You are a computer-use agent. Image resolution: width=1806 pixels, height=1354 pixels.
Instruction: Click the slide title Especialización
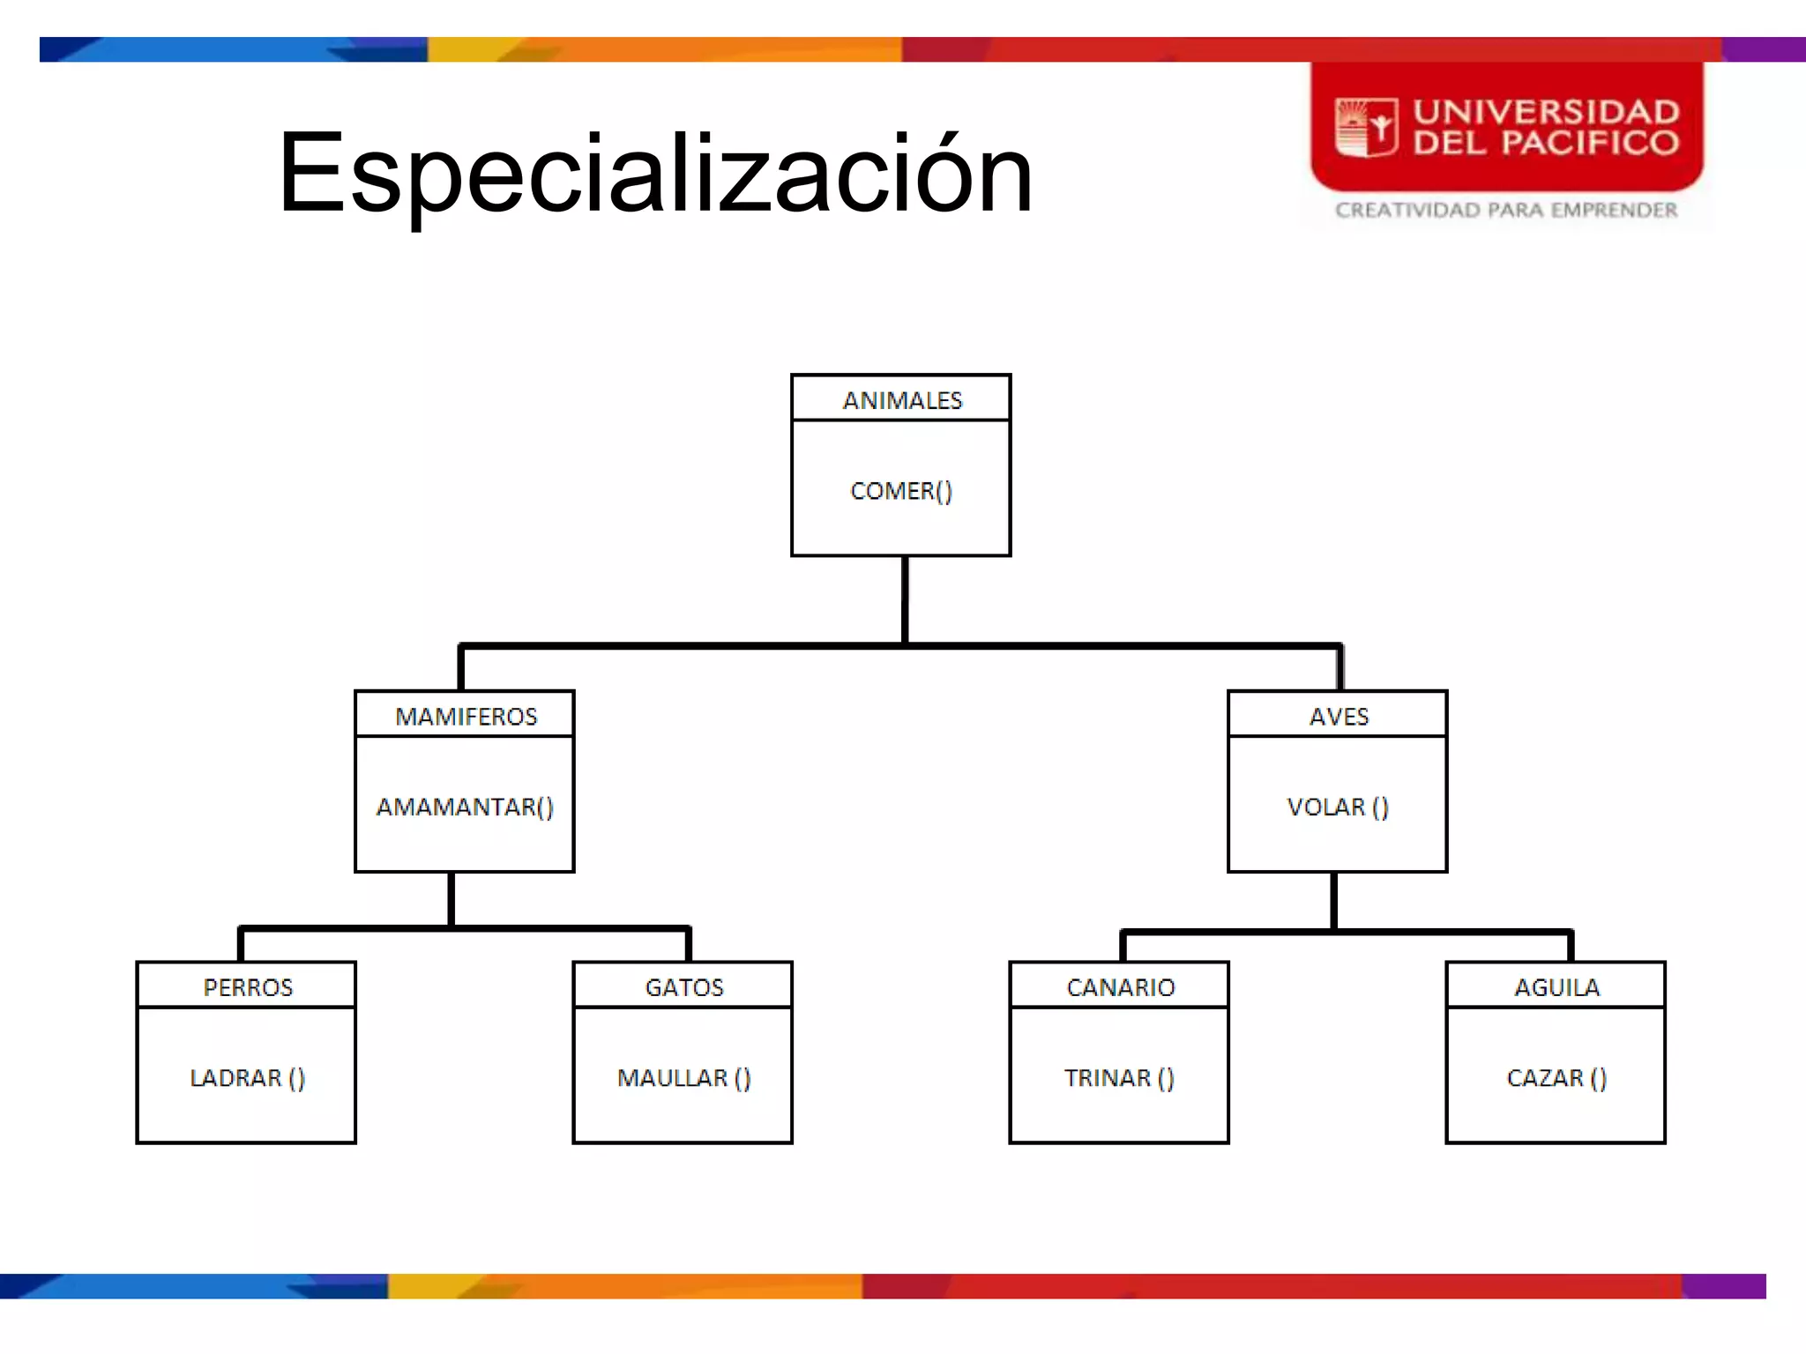(654, 174)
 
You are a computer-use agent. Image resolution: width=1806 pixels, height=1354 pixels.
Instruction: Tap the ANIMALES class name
(902, 401)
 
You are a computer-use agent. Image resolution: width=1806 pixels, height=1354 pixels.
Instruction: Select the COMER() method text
(901, 491)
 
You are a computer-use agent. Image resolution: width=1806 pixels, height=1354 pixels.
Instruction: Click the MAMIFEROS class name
(466, 717)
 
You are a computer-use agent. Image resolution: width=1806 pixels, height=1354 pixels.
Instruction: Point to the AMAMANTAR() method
(465, 807)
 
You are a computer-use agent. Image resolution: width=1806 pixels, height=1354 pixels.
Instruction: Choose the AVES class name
(1339, 717)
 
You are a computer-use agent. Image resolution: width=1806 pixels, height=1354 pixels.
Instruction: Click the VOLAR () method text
(1338, 807)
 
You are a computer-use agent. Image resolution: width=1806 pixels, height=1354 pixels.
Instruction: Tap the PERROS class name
(248, 987)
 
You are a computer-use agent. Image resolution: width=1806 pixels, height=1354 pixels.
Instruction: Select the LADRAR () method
(247, 1078)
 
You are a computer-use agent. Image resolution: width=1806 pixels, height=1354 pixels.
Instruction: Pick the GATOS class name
(684, 987)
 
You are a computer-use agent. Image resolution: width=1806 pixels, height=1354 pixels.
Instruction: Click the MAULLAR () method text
(683, 1078)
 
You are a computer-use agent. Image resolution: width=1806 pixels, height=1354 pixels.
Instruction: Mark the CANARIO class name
(1121, 987)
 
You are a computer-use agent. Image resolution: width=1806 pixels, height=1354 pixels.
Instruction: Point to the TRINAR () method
(1119, 1078)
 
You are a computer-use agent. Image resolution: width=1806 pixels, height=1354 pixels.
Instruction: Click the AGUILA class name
(1557, 987)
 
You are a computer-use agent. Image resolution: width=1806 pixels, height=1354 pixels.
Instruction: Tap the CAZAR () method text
(1556, 1078)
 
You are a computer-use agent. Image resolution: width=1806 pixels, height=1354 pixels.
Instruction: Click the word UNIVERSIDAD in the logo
(1547, 112)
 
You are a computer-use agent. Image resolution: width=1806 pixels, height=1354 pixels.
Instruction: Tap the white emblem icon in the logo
(1366, 128)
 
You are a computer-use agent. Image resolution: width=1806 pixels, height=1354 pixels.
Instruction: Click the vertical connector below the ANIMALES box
(905, 600)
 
